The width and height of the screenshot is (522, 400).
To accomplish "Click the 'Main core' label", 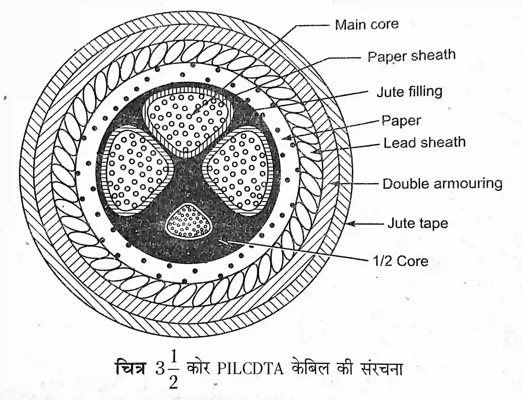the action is [367, 25].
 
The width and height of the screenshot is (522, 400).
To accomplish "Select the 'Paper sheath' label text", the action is [411, 56].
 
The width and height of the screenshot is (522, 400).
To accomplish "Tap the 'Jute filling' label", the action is [409, 92].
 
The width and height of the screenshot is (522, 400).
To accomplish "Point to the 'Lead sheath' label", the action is [424, 142].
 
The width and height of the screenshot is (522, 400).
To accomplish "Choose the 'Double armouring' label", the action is [442, 184].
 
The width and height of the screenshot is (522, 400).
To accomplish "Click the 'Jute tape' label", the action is [418, 223].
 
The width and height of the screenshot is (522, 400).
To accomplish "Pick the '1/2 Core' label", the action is [400, 261].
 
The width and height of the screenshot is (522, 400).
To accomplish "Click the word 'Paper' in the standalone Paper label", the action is [401, 121].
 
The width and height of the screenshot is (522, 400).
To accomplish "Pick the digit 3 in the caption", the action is [160, 369].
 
